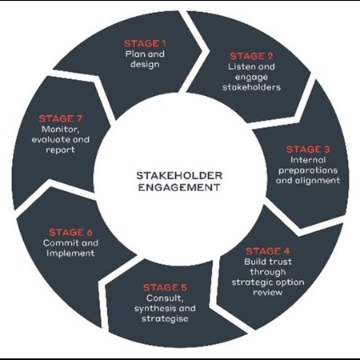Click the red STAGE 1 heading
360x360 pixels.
[145, 43]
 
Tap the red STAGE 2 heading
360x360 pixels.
[251, 56]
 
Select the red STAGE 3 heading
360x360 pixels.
[308, 150]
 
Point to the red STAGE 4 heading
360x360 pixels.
[268, 251]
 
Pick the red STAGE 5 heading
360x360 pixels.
[165, 287]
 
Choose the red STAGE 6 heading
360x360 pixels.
[70, 233]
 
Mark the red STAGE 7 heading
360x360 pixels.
[61, 118]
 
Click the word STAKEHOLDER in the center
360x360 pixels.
[179, 175]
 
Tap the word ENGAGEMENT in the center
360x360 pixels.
[179, 187]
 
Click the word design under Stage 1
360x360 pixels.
[145, 65]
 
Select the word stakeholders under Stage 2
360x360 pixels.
[251, 87]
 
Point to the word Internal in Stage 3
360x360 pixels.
[308, 160]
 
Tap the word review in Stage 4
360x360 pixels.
[268, 293]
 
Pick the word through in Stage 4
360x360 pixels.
[268, 272]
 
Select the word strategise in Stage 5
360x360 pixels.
[165, 318]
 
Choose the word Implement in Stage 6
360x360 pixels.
[70, 254]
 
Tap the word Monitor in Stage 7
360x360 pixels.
[61, 130]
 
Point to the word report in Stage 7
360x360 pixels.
[61, 150]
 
